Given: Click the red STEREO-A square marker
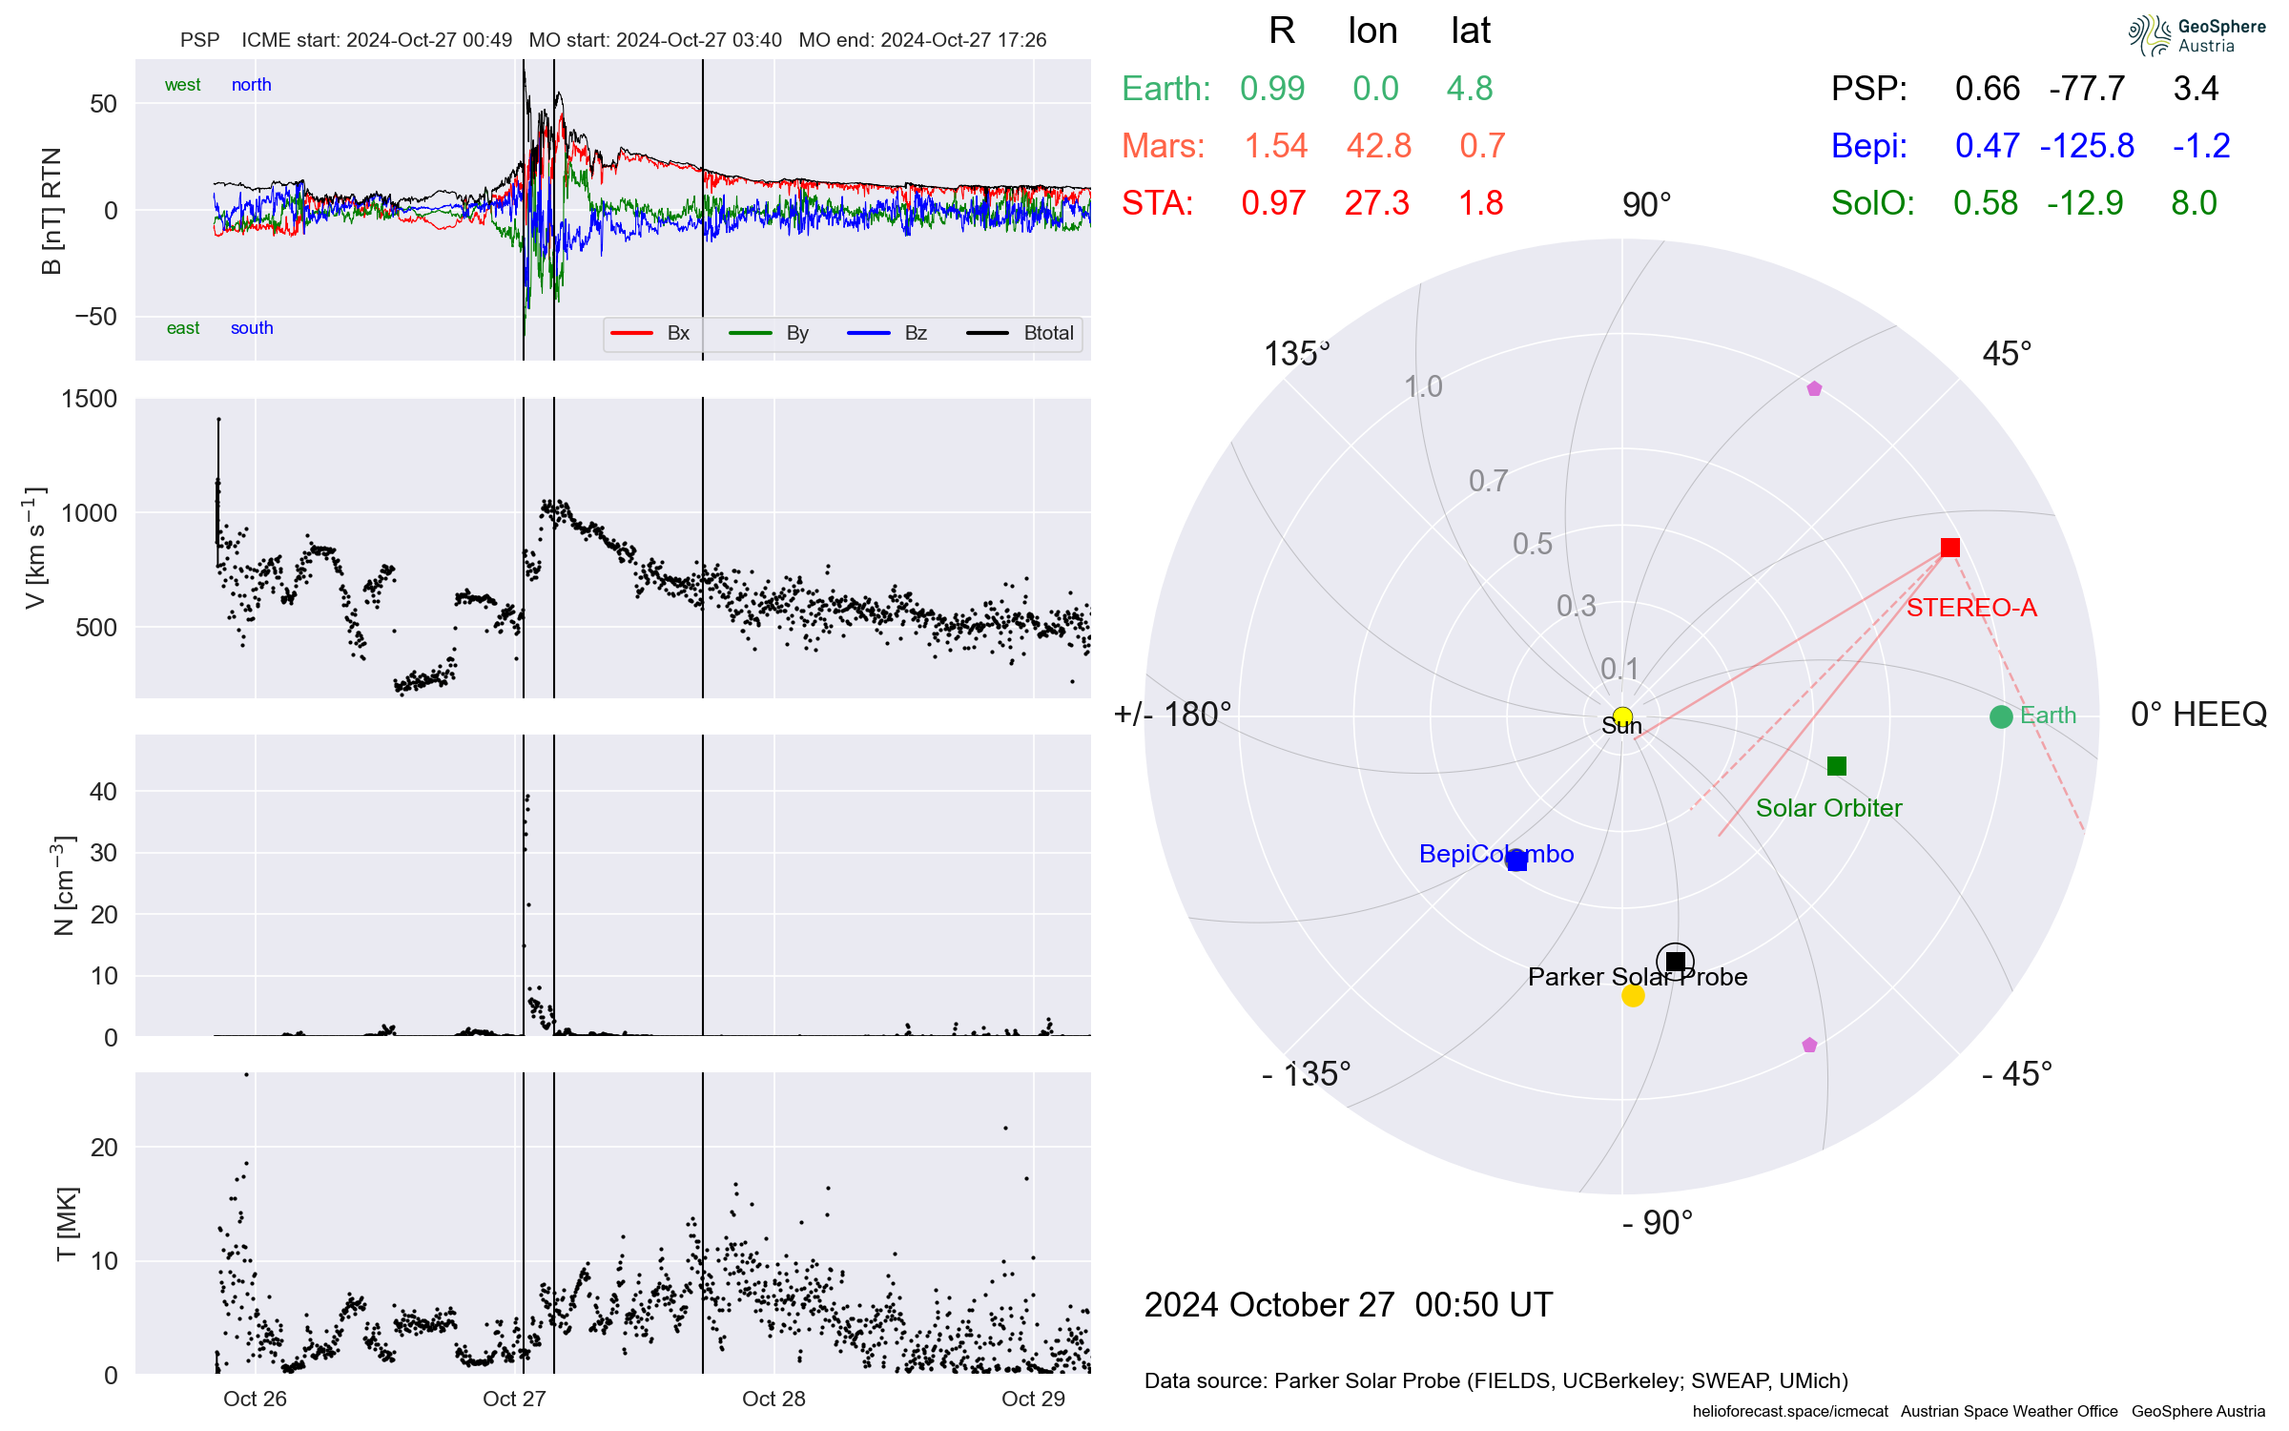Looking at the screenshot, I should click(x=1950, y=548).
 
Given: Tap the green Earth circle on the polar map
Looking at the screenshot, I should click(x=2001, y=716).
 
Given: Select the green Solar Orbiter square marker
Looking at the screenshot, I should click(x=1837, y=766).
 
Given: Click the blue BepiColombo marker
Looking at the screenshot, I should click(x=1516, y=861).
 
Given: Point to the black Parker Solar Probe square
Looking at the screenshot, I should click(x=1676, y=961).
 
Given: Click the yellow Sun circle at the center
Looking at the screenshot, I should click(x=1622, y=716).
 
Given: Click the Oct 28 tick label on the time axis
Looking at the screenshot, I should click(x=773, y=1399).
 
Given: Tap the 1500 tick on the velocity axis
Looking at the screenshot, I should click(x=90, y=399).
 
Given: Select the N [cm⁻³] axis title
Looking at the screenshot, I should click(x=63, y=885).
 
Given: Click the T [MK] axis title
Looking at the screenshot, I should click(x=67, y=1224).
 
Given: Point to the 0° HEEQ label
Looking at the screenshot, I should click(x=2197, y=715).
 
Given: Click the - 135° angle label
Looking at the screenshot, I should click(x=1306, y=1074).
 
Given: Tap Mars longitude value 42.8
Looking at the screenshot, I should click(x=1378, y=146).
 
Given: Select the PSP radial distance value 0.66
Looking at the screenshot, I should click(x=1988, y=89).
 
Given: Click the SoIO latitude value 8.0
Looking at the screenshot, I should click(x=2194, y=203).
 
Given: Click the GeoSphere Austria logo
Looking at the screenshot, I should click(x=2196, y=35).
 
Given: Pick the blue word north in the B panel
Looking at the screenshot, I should click(x=252, y=85).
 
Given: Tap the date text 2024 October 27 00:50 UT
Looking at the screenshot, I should click(x=1349, y=1305).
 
